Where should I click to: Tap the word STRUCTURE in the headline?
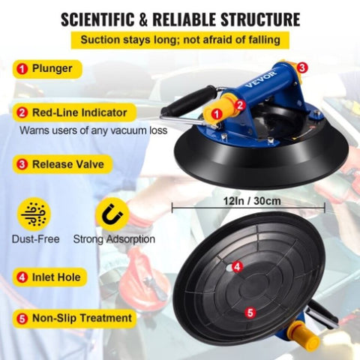260,19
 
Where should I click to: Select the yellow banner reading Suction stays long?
180,40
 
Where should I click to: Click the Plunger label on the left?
47,69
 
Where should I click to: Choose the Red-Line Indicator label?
74,112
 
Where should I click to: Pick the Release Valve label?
62,164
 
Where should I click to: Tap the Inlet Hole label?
49,277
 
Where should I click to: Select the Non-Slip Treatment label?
74,319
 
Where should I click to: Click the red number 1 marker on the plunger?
217,114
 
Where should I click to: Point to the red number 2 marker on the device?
240,105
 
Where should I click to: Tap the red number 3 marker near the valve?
302,67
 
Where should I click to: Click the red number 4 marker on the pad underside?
237,267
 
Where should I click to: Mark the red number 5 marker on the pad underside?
250,312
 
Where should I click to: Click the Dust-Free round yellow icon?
34,214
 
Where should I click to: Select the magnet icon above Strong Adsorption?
112,214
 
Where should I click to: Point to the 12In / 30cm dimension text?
252,201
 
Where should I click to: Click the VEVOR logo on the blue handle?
261,79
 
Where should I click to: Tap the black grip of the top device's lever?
187,103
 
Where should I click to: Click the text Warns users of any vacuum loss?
93,130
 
